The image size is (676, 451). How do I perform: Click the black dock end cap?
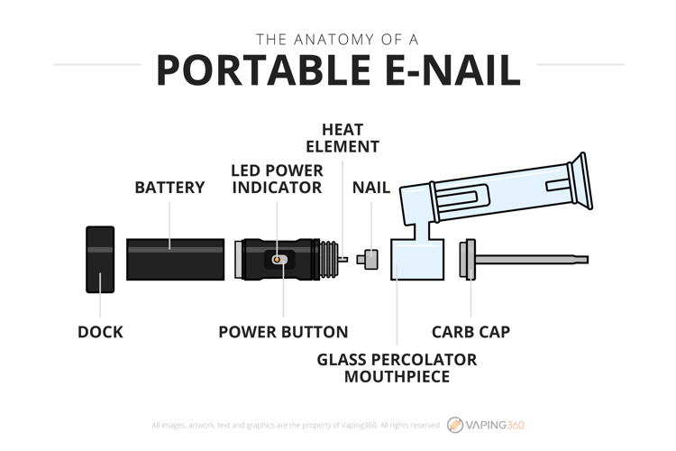100,260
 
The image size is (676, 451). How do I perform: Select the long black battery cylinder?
175,260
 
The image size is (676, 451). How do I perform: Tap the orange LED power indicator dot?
277,260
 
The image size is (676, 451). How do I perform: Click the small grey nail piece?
368,260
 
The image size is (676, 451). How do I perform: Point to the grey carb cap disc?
467,260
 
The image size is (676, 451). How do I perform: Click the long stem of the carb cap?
532,260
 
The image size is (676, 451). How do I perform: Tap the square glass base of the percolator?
417,260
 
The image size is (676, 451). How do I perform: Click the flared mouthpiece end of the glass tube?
580,181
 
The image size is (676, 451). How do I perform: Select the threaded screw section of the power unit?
329,260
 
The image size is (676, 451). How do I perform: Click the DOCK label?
100,332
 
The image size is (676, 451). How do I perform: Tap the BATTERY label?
169,188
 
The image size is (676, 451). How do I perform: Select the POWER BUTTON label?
283,332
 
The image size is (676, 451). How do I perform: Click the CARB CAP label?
470,332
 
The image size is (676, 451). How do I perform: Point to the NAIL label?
371,188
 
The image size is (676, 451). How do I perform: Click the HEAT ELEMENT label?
343,138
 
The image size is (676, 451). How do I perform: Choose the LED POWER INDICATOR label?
278,179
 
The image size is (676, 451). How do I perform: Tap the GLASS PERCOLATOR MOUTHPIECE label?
397,368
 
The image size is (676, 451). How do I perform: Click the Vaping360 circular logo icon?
455,425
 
